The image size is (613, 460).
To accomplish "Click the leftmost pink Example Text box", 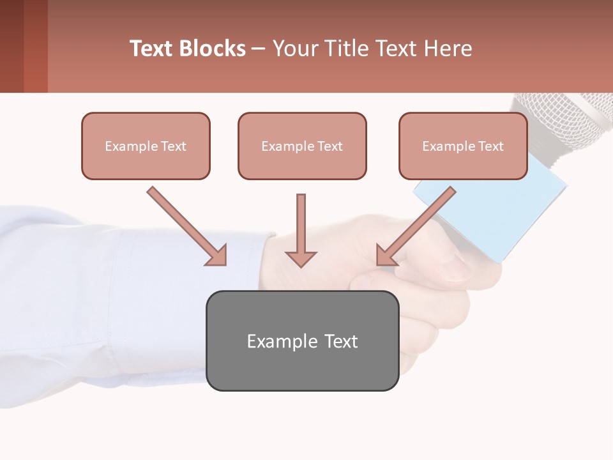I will point(146,146).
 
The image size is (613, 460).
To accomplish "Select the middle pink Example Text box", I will point(302,146).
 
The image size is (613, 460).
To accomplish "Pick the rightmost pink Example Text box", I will point(463,146).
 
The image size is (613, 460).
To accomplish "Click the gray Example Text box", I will point(302,341).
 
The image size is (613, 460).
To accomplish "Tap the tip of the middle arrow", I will point(301,263).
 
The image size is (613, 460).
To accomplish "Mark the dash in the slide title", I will point(259,49).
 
